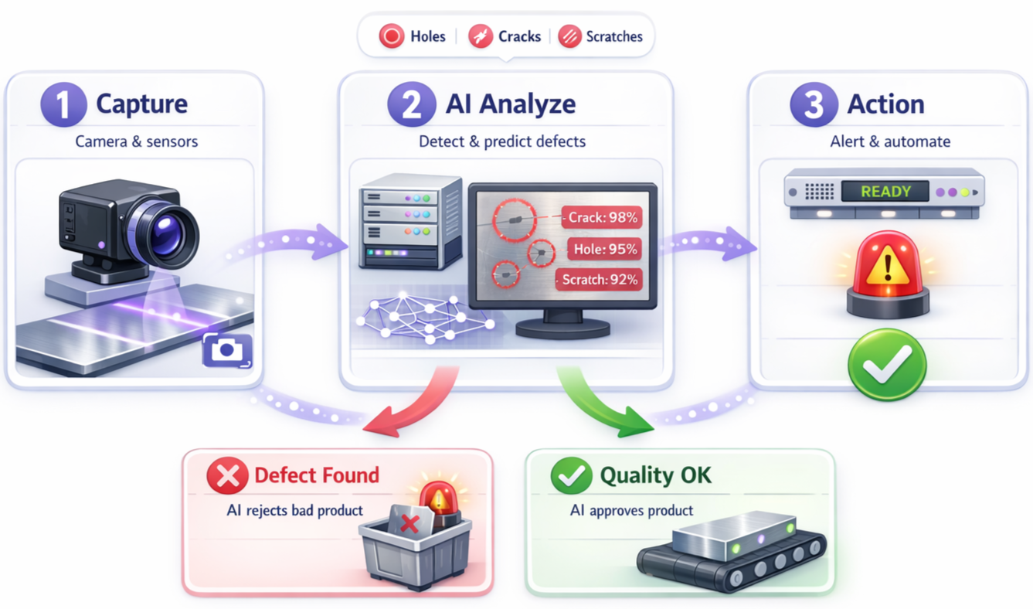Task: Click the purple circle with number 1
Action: point(63,104)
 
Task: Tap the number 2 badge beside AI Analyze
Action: point(412,104)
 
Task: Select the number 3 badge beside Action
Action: point(814,104)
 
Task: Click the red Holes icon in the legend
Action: point(392,36)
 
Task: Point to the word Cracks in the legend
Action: point(519,36)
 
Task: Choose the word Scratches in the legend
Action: point(614,36)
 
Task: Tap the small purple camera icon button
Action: point(227,350)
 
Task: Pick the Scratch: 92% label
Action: point(600,280)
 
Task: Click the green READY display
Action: point(885,192)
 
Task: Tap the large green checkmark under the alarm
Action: point(886,364)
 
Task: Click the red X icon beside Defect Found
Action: point(227,475)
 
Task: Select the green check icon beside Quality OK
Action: point(571,475)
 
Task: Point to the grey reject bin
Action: point(415,549)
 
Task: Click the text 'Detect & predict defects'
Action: point(502,141)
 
